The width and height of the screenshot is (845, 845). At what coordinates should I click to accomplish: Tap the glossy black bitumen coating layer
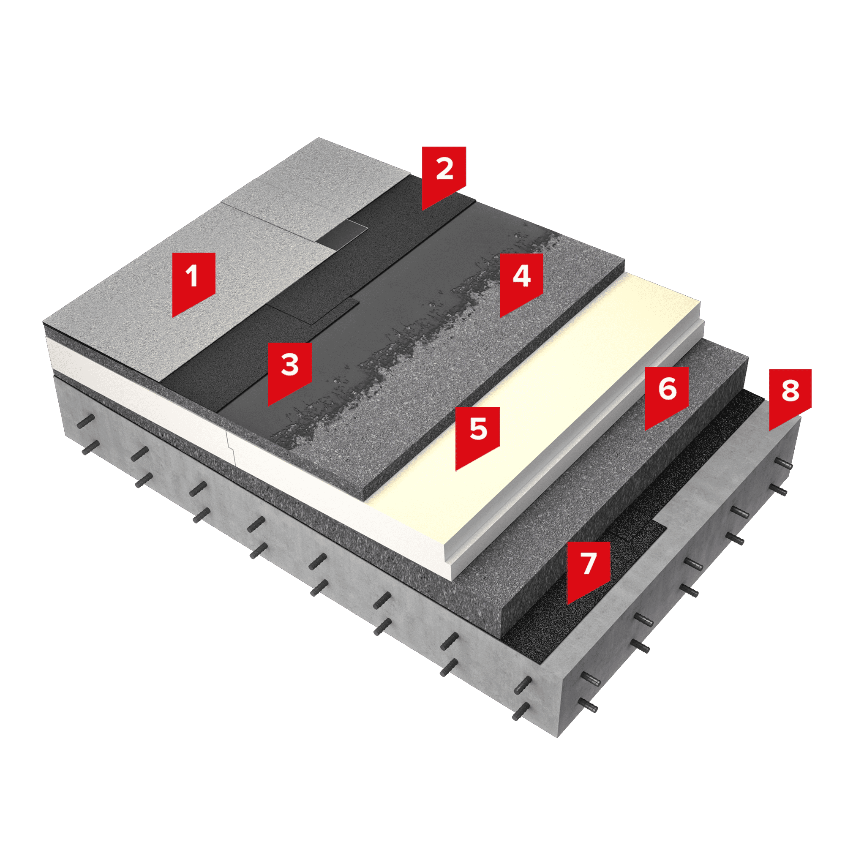[x=394, y=315]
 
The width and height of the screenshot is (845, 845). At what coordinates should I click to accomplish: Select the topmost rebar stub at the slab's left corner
[x=86, y=421]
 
